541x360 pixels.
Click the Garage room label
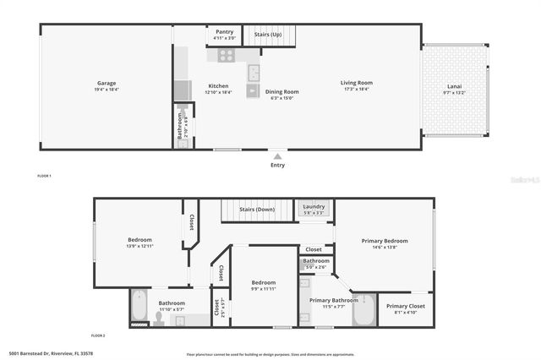[x=107, y=83]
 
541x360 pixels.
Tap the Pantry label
[x=225, y=31]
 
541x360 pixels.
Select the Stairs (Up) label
[x=268, y=35]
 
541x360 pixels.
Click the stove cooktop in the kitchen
[x=226, y=55]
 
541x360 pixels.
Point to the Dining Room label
[x=282, y=91]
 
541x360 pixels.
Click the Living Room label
[x=357, y=83]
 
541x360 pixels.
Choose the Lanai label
[x=455, y=86]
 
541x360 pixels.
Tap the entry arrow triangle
[x=277, y=155]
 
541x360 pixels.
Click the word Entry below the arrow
[x=277, y=165]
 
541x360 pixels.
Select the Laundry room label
[x=314, y=206]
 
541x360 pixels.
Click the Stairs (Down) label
[x=256, y=209]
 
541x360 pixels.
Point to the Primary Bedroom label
[x=385, y=241]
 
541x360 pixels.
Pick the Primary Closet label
[x=406, y=306]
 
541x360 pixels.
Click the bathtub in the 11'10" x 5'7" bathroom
[x=139, y=308]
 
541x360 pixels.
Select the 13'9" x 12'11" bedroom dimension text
[x=139, y=246]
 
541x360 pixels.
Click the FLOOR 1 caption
[x=45, y=176]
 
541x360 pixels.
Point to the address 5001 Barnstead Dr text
[x=51, y=354]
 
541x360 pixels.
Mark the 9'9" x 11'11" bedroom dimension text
[x=263, y=289]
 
